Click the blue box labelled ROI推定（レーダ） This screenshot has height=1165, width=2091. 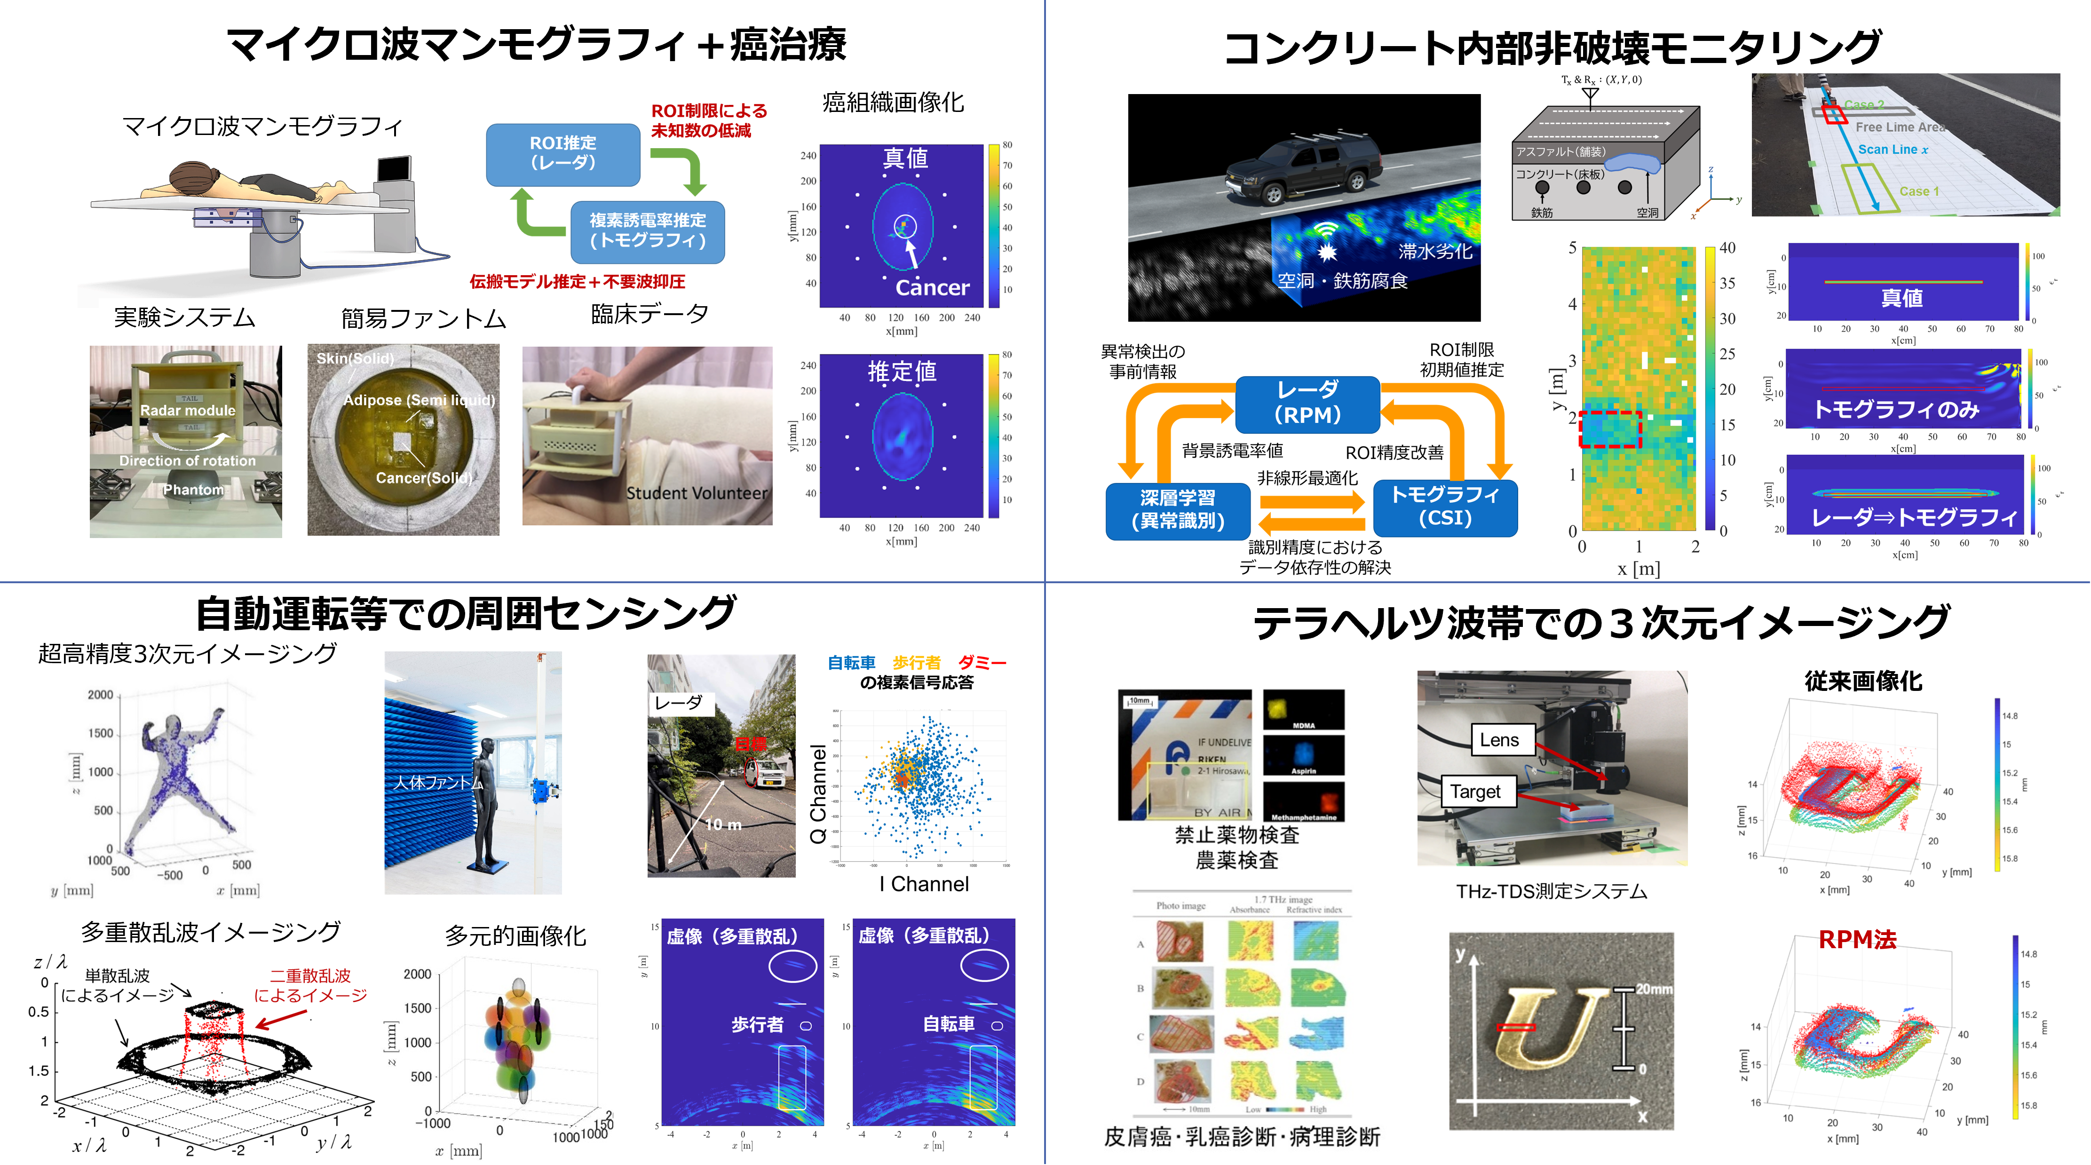pyautogui.click(x=562, y=153)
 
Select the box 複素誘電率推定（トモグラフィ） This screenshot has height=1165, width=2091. pyautogui.click(x=647, y=230)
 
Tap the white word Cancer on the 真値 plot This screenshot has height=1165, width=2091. pyautogui.click(x=932, y=287)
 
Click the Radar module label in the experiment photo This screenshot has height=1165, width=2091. pyautogui.click(x=188, y=411)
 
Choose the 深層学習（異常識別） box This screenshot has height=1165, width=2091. pyautogui.click(x=1177, y=509)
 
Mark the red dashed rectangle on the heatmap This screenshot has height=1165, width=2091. pyautogui.click(x=1610, y=429)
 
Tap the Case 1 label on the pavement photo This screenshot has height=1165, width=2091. pyautogui.click(x=1919, y=191)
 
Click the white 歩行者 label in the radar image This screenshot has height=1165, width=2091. pyautogui.click(x=757, y=1024)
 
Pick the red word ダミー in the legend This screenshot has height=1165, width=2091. pyautogui.click(x=982, y=663)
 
